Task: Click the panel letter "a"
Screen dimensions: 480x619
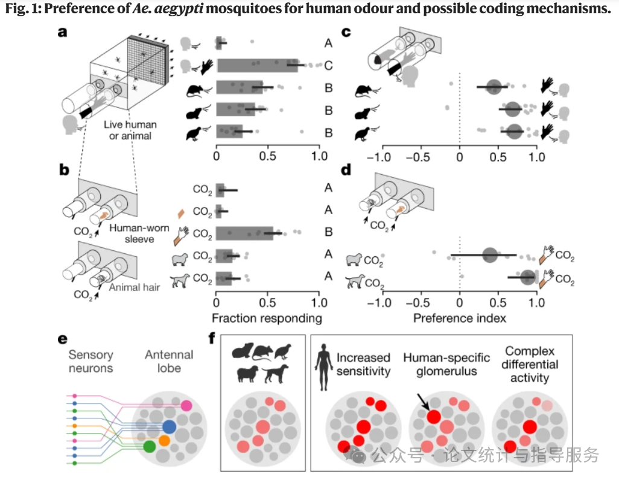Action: click(62, 33)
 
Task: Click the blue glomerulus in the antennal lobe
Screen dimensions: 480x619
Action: click(169, 427)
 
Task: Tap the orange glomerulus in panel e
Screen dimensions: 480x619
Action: click(165, 441)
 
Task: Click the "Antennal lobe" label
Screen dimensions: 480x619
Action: click(169, 361)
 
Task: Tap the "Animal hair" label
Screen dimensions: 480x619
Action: click(135, 287)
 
